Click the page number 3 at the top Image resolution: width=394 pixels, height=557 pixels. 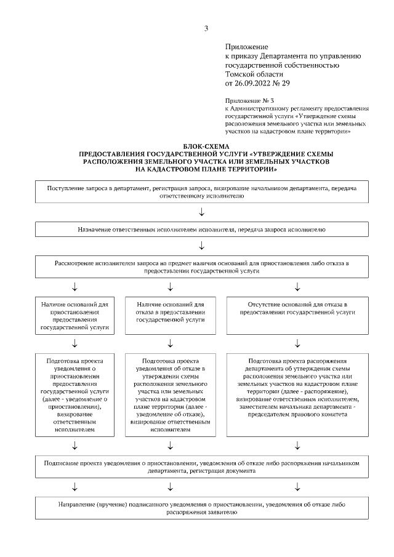pyautogui.click(x=206, y=28)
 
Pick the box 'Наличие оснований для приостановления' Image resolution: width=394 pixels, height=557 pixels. pyautogui.click(x=74, y=316)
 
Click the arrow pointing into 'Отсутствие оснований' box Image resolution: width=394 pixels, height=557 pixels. pyautogui.click(x=297, y=287)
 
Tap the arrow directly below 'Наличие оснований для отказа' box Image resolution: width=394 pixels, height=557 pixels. pyautogui.click(x=171, y=343)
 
